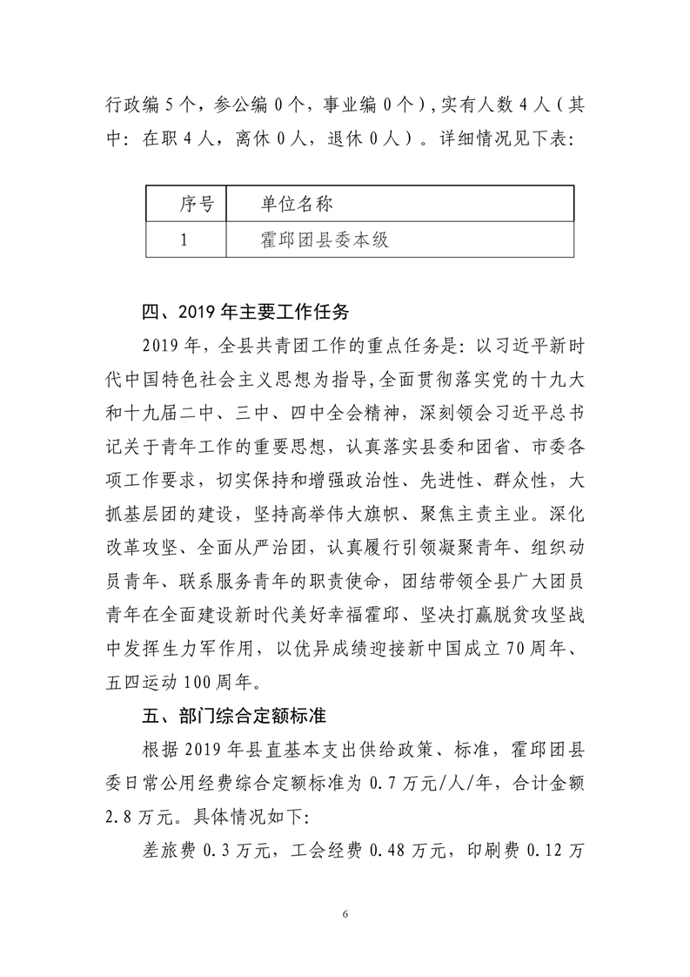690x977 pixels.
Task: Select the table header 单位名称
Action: tap(298, 204)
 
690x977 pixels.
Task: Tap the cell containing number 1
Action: tap(184, 239)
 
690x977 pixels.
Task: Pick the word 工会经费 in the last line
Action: tap(327, 853)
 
